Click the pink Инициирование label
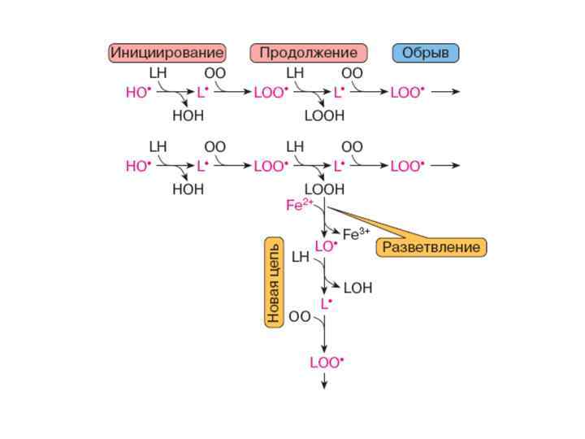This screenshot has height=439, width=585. click(167, 53)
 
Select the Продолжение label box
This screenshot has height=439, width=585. click(309, 53)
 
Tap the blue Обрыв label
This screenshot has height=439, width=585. click(427, 53)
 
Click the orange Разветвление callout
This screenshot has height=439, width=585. click(431, 246)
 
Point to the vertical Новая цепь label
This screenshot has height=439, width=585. click(274, 282)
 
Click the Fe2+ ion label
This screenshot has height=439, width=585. click(299, 206)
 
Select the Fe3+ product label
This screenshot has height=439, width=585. click(356, 235)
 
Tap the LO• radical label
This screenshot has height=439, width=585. click(326, 246)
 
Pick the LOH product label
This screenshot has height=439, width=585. click(357, 288)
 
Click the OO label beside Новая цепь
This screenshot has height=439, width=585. click(300, 317)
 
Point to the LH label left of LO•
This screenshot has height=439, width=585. click(301, 258)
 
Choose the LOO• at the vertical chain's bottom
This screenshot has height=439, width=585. click(327, 363)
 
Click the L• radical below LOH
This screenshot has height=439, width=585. click(326, 304)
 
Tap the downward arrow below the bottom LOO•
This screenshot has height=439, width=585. click(324, 382)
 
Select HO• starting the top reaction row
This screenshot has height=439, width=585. click(138, 93)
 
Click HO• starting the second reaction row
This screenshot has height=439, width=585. click(138, 167)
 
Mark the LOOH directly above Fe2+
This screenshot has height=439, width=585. click(324, 189)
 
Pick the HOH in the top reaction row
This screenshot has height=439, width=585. click(188, 116)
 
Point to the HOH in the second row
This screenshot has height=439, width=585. click(188, 189)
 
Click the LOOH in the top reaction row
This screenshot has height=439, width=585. click(324, 116)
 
